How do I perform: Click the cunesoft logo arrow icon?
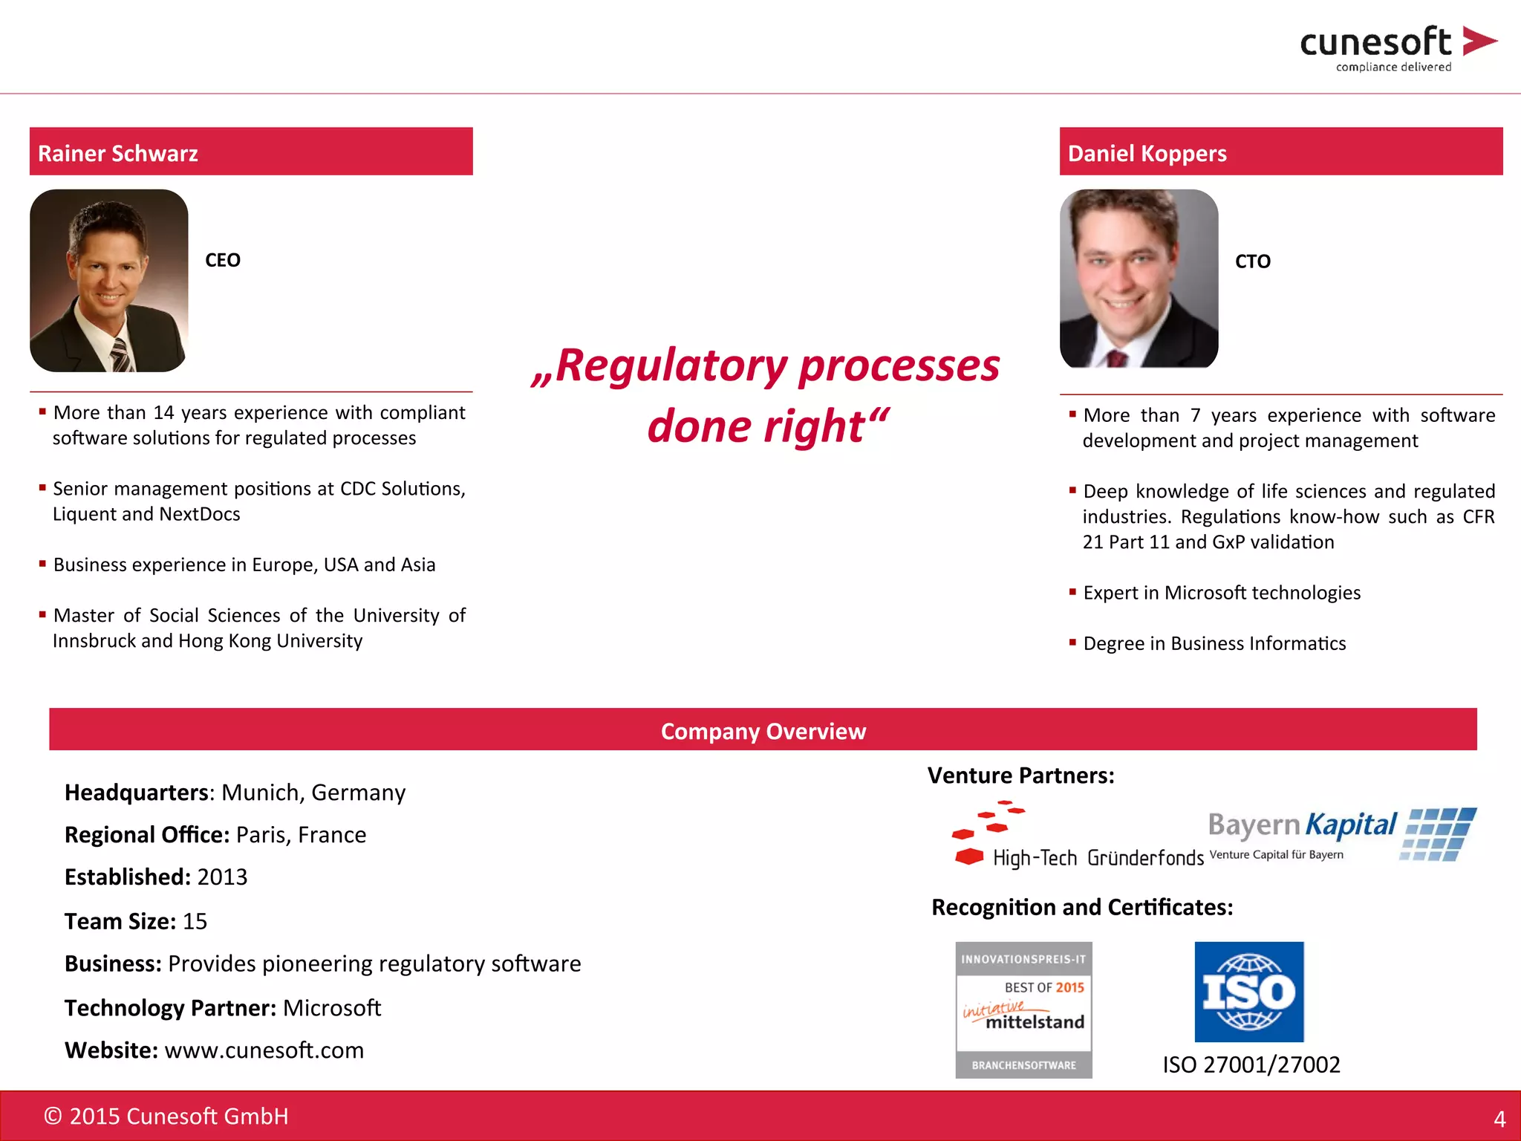pos(1479,41)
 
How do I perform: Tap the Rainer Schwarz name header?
pos(118,153)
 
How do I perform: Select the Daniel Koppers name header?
pos(1147,153)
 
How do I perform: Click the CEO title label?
pos(223,260)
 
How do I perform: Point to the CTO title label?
pos(1252,261)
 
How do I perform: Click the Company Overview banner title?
pos(763,731)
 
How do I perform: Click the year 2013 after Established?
pos(222,877)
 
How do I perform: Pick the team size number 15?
pos(195,921)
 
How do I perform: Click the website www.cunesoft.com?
pos(264,1050)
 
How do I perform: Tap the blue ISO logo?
pos(1248,992)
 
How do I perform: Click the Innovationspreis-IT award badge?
pos(1023,1010)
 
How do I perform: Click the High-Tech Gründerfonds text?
pos(1098,859)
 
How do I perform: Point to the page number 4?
pos(1499,1119)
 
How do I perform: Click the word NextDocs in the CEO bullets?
pos(200,514)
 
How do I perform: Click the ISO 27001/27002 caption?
pos(1251,1064)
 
